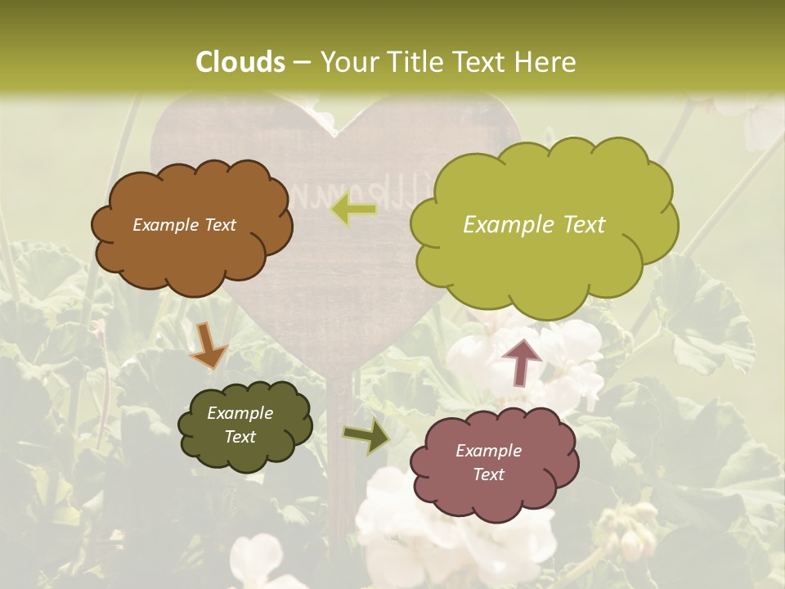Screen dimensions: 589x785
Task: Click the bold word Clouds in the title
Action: tap(240, 62)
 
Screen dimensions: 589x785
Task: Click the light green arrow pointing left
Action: tap(353, 210)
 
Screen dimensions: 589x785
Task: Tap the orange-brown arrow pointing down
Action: tap(208, 345)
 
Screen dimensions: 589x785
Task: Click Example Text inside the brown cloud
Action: tap(184, 225)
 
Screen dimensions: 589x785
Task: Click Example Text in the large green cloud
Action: tap(534, 225)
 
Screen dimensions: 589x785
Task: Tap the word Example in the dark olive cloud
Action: tap(240, 414)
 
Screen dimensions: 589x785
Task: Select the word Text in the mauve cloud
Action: tap(488, 474)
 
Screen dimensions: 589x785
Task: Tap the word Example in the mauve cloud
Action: tap(488, 451)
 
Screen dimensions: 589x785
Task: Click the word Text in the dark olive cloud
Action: tap(240, 437)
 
